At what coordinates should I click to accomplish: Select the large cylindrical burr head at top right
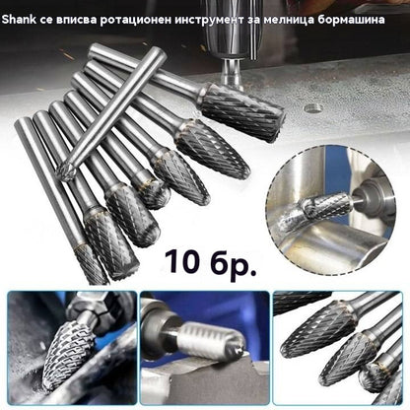(x=242, y=110)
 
